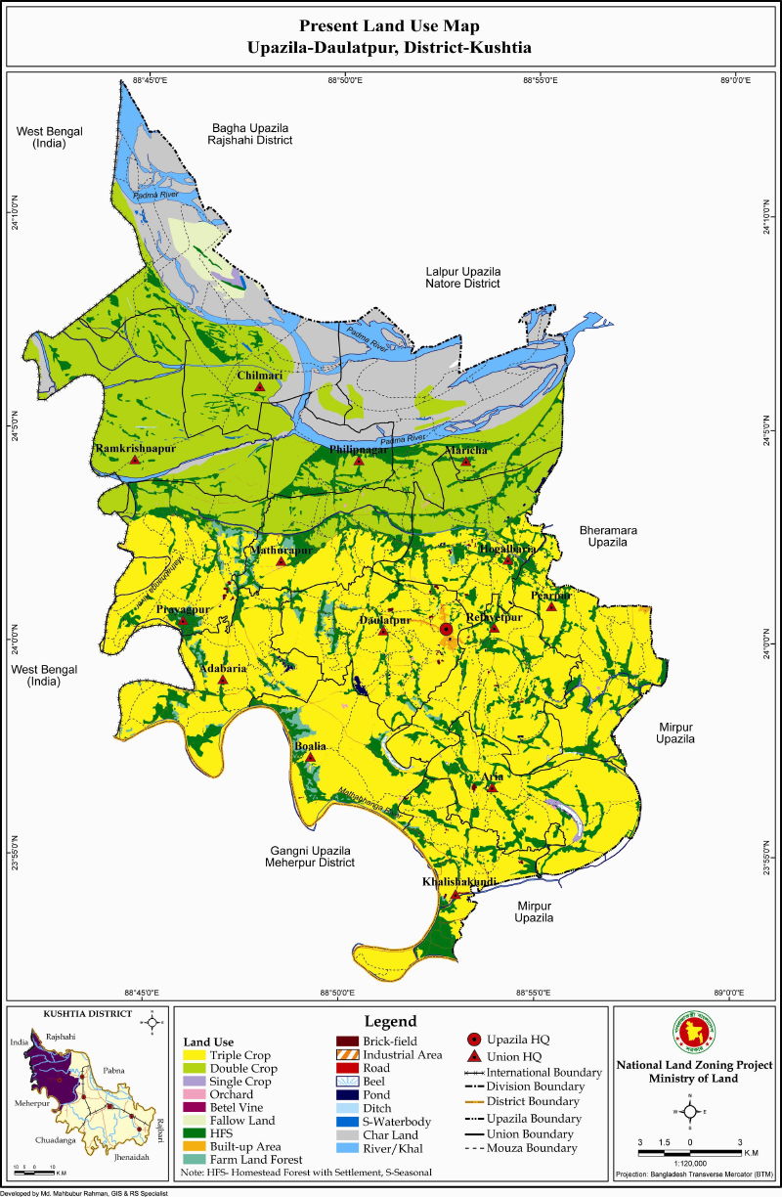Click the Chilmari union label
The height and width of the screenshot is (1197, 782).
(259, 375)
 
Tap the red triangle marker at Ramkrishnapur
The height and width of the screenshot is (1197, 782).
(134, 459)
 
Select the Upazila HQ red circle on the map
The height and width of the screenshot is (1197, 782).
(447, 629)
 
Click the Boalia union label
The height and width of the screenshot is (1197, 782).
(310, 746)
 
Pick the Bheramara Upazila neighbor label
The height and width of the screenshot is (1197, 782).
(615, 534)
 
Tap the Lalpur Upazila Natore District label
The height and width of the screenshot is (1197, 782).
(462, 277)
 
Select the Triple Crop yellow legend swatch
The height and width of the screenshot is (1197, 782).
(194, 1055)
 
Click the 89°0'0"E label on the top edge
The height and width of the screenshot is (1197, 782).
(733, 80)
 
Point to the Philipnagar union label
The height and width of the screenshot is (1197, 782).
(359, 448)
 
